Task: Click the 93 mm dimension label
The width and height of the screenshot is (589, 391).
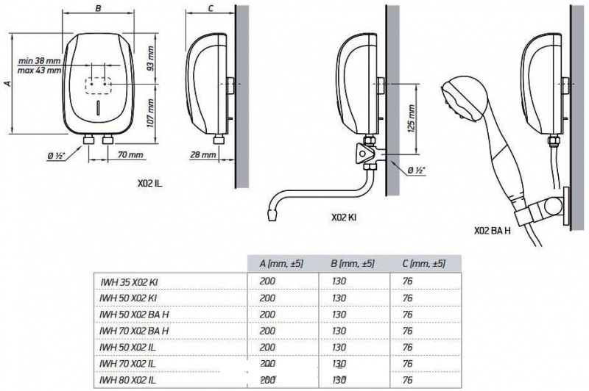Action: [151, 58]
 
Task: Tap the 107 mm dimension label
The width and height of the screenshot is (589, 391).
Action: [151, 113]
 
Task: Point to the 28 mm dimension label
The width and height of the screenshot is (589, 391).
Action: [203, 154]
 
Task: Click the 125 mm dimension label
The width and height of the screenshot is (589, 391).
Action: [412, 118]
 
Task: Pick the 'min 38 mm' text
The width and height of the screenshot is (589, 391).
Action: [40, 61]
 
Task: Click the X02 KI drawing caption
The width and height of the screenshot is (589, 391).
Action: [344, 218]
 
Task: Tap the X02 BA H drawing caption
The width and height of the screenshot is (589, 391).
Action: [492, 231]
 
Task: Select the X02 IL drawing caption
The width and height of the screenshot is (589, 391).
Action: [150, 184]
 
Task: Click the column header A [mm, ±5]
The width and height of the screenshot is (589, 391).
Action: [281, 264]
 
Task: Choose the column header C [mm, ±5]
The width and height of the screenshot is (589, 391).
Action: [424, 264]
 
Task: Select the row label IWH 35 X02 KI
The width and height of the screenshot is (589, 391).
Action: [129, 282]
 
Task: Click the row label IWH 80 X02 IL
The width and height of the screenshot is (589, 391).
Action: [127, 380]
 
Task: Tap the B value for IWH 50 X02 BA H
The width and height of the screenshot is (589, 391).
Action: [339, 314]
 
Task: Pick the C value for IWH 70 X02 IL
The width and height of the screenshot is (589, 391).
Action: [408, 364]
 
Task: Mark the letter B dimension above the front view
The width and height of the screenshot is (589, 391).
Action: [98, 8]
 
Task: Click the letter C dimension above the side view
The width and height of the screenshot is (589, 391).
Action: [211, 8]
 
